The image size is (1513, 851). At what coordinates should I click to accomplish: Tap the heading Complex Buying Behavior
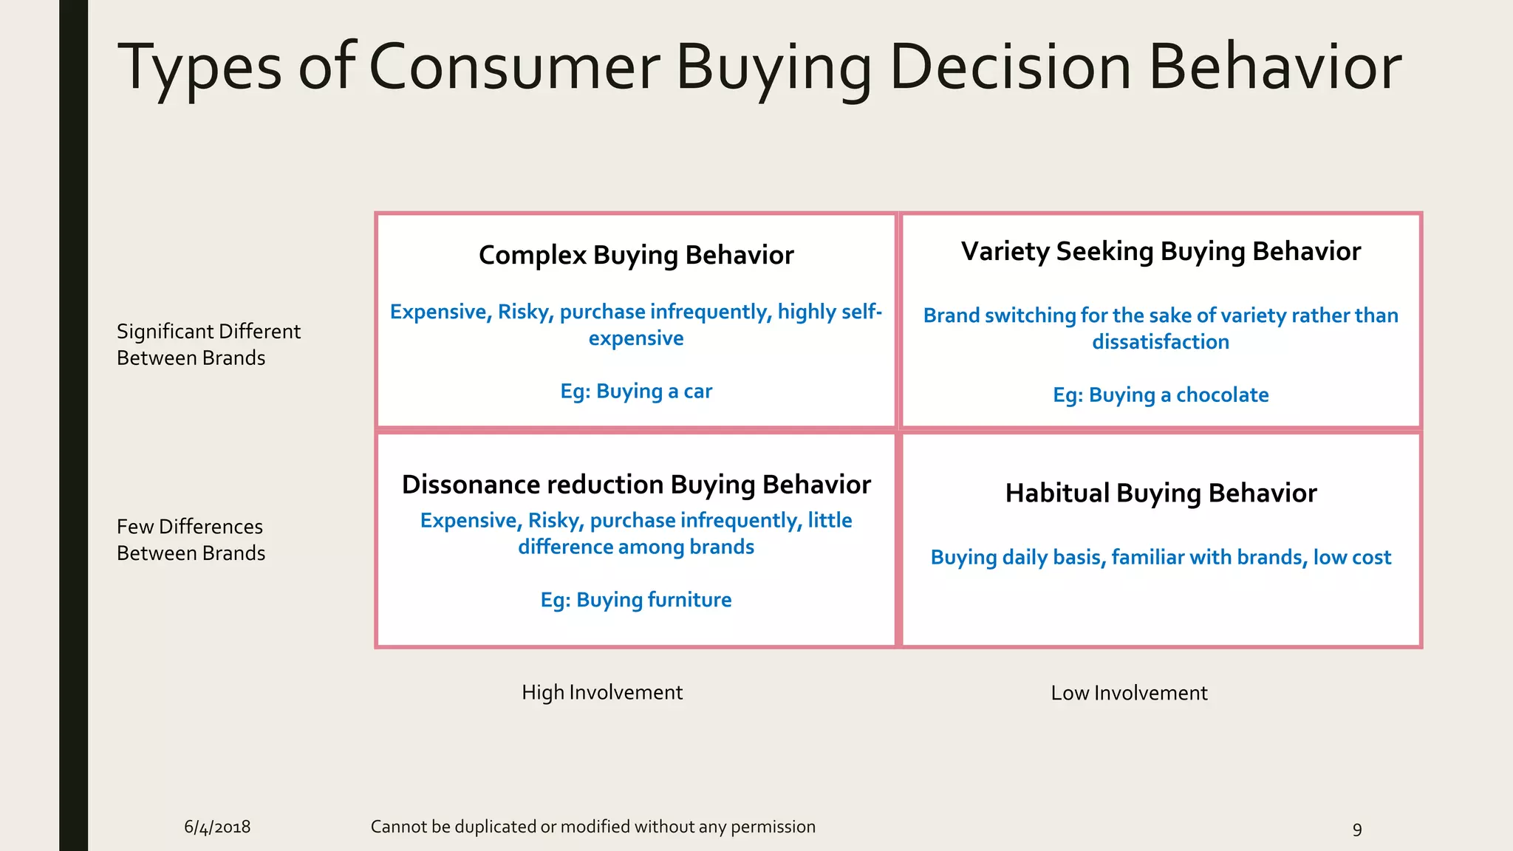[x=636, y=255]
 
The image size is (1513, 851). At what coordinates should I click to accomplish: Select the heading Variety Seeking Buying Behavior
[x=1161, y=251]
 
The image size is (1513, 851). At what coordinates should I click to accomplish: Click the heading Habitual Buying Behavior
[x=1161, y=493]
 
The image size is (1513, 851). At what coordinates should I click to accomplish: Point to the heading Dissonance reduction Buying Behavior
[x=636, y=485]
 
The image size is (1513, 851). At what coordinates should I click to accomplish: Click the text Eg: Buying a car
[x=636, y=391]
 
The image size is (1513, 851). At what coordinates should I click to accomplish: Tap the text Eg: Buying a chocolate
[x=1161, y=394]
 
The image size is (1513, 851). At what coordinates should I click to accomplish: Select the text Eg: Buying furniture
[x=636, y=599]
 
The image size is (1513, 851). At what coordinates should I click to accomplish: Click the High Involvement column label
[x=602, y=692]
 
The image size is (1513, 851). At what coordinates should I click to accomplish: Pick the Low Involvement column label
[x=1129, y=693]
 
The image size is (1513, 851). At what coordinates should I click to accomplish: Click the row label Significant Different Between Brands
[x=208, y=344]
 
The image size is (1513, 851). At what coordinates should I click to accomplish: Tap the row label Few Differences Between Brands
[x=191, y=539]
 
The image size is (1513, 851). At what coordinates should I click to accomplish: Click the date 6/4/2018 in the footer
[x=217, y=827]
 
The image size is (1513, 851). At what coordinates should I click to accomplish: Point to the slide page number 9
[x=1357, y=829]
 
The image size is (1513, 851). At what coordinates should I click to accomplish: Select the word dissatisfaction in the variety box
[x=1161, y=342]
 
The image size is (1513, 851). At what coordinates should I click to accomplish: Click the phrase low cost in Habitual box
[x=1352, y=557]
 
